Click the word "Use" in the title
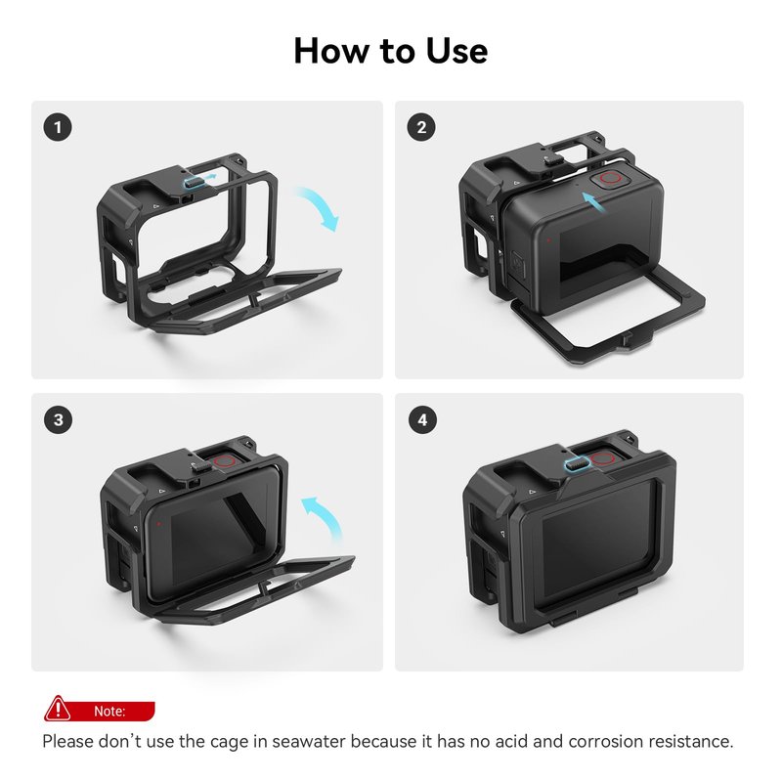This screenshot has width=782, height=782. point(456,51)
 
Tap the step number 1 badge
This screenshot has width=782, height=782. point(58,127)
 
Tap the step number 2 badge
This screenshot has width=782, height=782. point(421,127)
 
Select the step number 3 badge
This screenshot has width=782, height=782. point(58,419)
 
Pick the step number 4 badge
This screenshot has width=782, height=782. point(422,419)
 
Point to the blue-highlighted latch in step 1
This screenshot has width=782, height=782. point(194,183)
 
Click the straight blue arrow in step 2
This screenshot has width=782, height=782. point(593,202)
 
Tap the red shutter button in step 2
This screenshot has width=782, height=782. point(610,179)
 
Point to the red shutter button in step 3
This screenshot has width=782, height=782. point(226,461)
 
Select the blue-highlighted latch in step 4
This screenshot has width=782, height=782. point(578,464)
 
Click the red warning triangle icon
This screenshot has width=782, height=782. point(58,709)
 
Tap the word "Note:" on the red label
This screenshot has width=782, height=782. point(109,711)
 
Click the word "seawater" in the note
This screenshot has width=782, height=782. point(309,741)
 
